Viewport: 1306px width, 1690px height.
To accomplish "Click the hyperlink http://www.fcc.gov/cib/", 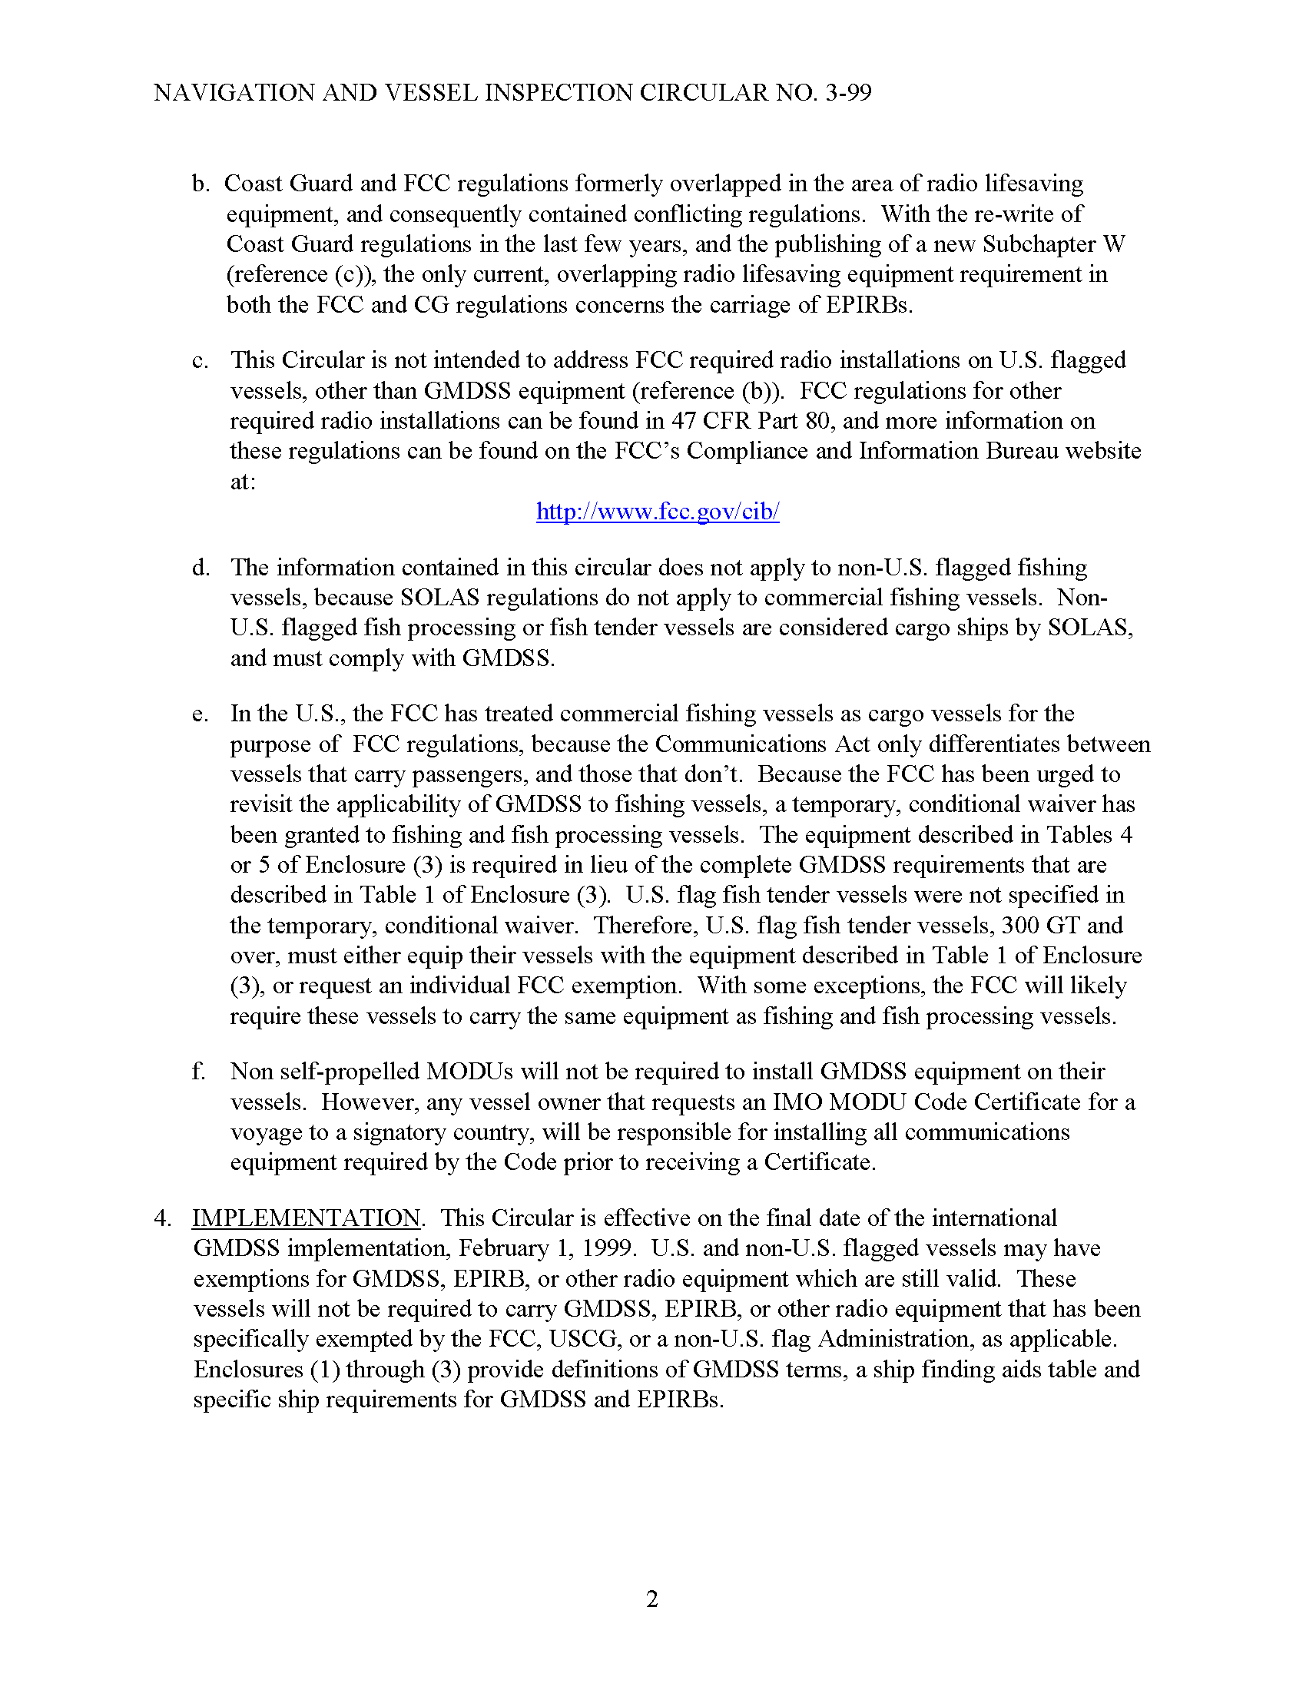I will (658, 512).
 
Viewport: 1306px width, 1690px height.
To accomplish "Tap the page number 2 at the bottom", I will (651, 1599).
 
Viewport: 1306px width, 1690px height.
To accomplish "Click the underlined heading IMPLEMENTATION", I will (307, 1218).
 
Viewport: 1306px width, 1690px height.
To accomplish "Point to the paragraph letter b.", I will (201, 184).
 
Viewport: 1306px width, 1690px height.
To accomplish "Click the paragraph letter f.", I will (198, 1072).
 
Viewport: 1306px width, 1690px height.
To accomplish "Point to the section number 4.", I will (161, 1218).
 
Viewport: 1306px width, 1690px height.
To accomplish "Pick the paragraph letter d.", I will (201, 568).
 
